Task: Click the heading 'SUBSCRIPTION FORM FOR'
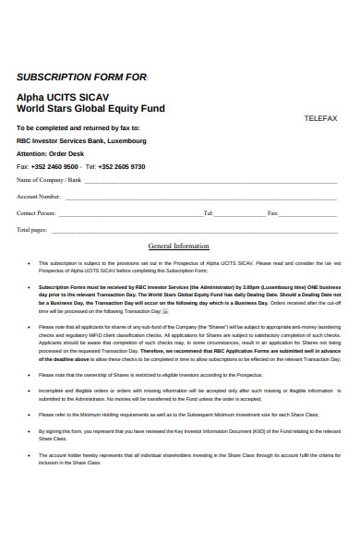coord(81,77)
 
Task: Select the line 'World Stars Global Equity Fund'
coord(90,108)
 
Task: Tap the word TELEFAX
coord(320,118)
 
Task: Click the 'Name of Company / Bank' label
coord(48,180)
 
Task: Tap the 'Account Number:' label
coord(39,197)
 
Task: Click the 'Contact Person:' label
coord(36,212)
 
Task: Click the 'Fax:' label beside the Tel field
coord(272,212)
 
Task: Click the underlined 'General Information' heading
coord(179,247)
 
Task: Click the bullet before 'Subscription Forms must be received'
coord(30,287)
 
